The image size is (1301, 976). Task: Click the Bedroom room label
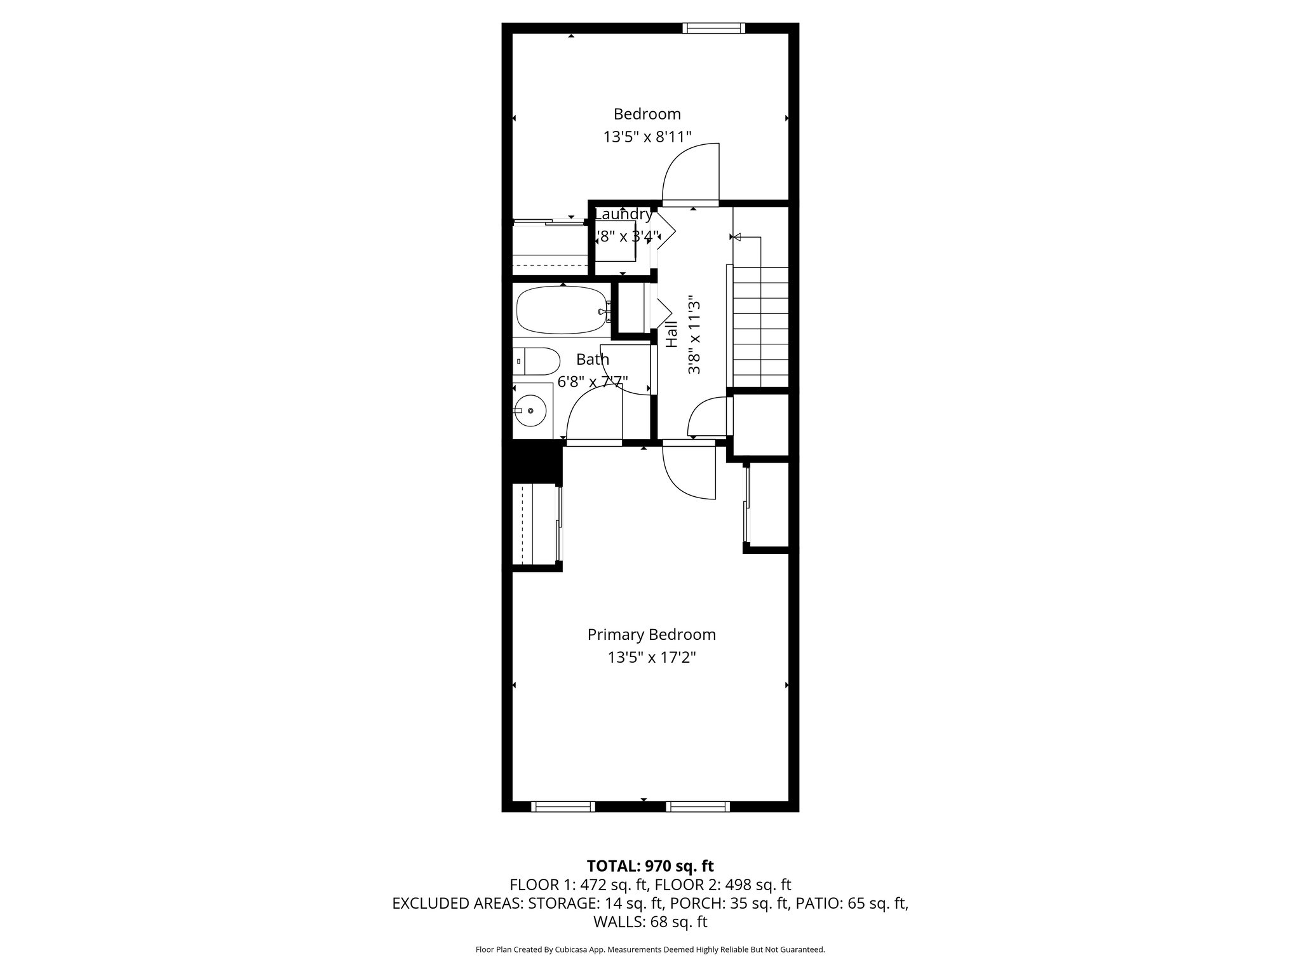647,114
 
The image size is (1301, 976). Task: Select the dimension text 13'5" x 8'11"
647,137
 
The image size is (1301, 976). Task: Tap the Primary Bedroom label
651,635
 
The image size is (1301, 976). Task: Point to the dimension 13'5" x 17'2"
651,658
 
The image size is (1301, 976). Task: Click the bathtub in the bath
562,311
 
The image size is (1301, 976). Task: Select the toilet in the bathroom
537,362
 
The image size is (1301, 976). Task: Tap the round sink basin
530,410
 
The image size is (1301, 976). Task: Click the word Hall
671,334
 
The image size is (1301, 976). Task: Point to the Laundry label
623,215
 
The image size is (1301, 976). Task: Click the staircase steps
761,327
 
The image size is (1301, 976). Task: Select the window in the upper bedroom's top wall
713,28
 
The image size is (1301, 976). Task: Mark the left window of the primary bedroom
563,806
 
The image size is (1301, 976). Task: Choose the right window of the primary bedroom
698,806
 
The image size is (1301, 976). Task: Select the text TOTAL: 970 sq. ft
650,866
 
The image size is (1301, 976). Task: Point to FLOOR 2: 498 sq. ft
723,884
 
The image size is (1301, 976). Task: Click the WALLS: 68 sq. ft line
650,921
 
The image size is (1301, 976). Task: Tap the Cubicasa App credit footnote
650,950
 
